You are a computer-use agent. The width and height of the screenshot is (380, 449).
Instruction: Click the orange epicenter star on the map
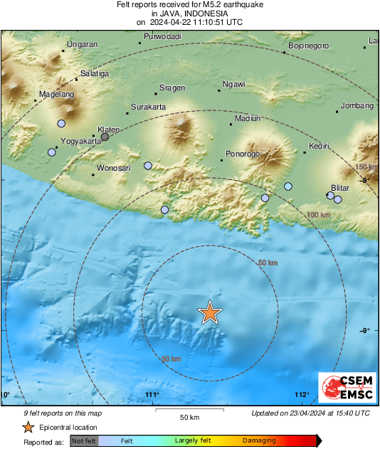click(x=209, y=312)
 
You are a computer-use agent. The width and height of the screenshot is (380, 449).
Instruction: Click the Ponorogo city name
click(x=242, y=154)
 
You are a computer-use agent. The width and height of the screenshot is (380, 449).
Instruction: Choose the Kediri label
click(x=318, y=147)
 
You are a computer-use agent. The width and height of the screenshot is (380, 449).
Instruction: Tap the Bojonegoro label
click(x=308, y=46)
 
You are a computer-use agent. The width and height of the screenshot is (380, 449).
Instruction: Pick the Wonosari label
click(x=114, y=169)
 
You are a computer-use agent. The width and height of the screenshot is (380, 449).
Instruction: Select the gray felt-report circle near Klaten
click(x=105, y=137)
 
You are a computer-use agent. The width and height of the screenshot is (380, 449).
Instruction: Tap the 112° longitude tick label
click(x=302, y=395)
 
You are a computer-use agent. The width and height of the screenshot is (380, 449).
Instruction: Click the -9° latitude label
click(x=364, y=330)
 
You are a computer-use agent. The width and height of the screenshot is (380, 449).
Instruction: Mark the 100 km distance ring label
click(x=318, y=215)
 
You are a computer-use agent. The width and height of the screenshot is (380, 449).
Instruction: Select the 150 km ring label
click(x=365, y=167)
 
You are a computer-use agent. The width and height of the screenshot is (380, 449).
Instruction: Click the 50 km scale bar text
click(x=189, y=416)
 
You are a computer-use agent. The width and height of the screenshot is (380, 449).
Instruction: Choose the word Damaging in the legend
click(x=259, y=441)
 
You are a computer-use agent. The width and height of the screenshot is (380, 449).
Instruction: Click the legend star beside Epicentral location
click(x=28, y=427)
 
